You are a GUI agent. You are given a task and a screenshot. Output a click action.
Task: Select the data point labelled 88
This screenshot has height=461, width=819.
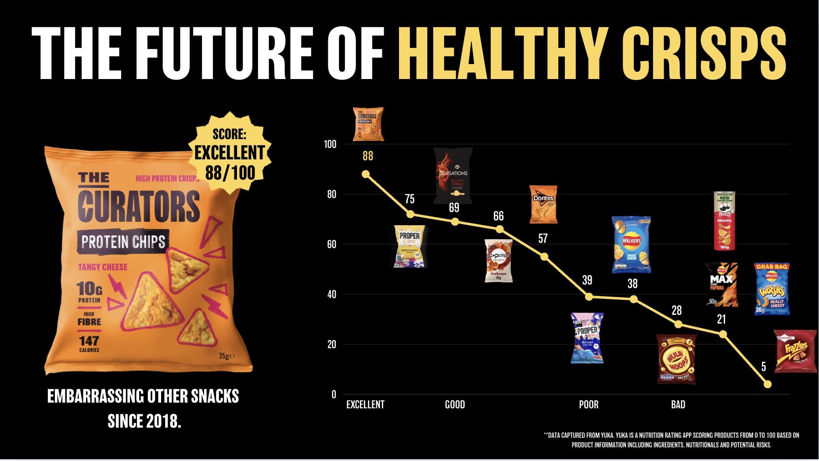pos(366,174)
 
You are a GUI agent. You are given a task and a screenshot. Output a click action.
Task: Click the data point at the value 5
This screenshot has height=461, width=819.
pos(767,384)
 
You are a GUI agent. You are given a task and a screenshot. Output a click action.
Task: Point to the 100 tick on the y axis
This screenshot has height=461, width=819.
pos(330,144)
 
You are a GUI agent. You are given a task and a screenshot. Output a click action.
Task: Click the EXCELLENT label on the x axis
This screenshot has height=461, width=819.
pos(365,405)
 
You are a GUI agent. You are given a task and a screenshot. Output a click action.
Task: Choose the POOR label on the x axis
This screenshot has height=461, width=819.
pos(589,405)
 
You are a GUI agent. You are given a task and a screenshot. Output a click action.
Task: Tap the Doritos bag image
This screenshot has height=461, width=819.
pos(543,204)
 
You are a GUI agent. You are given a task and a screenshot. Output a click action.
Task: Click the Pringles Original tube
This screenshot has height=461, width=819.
pos(724,221)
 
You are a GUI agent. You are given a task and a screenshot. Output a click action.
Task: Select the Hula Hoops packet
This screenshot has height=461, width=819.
pos(676,359)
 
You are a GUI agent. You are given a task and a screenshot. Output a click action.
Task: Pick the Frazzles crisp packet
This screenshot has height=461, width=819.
pos(795,351)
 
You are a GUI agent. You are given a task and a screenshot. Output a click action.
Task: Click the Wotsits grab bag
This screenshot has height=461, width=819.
pos(772,288)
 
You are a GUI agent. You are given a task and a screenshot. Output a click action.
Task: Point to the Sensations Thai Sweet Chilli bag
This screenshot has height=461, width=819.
pos(453,176)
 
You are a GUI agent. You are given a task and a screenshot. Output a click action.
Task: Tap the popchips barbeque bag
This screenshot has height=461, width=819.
pos(498,260)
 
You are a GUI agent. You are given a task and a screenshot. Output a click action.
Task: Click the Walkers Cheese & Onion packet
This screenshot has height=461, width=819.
pos(631,244)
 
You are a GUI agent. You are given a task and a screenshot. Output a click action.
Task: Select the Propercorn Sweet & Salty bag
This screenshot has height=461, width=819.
pos(409,246)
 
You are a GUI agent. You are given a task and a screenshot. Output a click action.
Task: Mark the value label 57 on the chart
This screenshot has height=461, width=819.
pos(543,238)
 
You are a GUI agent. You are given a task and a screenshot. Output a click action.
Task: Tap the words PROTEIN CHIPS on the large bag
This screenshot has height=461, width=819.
pos(123,242)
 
